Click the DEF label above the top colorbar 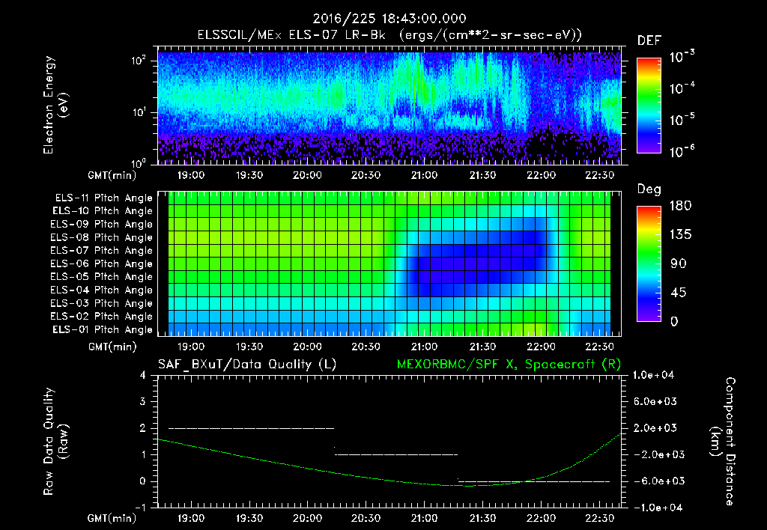[649, 40]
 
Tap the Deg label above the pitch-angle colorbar [649, 189]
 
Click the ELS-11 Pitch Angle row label [103, 198]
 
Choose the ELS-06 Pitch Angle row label [103, 264]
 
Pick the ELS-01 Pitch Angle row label [103, 329]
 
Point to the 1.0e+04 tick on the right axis [655, 375]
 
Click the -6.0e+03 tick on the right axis [655, 481]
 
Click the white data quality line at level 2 [251, 428]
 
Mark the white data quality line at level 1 [395, 454]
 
